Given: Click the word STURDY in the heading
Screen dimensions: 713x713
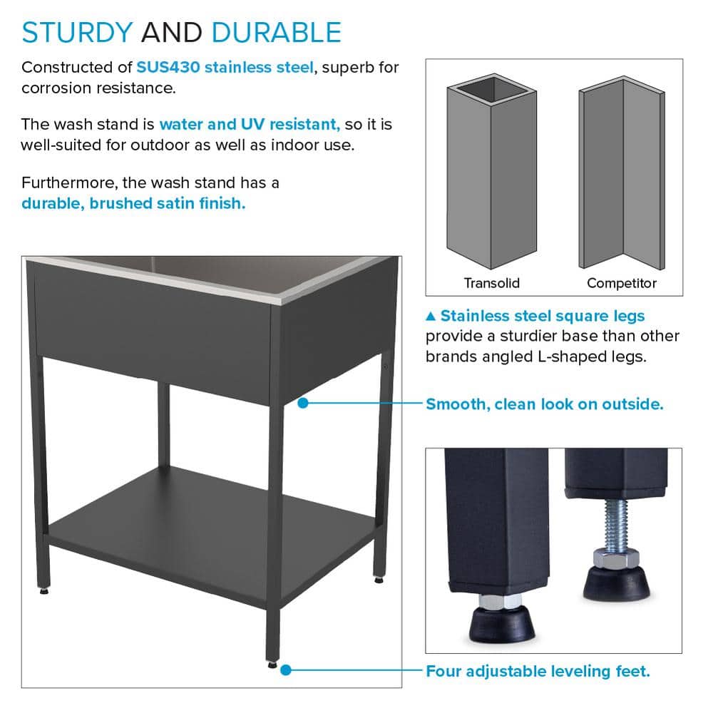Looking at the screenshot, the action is coord(77,32).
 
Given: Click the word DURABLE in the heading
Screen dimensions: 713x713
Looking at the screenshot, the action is coord(277,32).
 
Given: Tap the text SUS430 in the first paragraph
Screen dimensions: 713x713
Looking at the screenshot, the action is coord(168,67).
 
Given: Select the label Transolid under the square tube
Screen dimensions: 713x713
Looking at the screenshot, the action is coord(491,283).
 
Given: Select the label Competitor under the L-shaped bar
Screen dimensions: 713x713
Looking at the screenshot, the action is coord(622,283).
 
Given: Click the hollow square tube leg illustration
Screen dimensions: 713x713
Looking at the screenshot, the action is coord(491,171).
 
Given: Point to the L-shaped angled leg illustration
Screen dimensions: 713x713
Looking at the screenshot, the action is coord(622,173).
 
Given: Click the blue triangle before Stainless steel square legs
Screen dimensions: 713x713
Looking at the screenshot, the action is coord(431,316).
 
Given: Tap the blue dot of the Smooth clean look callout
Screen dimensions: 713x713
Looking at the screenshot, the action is coord(303,403).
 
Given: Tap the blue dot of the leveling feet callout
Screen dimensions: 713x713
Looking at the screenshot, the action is coord(286,670).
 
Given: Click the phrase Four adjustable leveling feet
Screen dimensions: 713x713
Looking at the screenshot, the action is coord(538,671).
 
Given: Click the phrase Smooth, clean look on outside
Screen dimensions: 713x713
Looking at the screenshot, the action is coord(545,404).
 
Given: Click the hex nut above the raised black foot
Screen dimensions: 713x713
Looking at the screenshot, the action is coord(616,558).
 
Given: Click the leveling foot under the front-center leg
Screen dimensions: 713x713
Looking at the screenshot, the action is coord(272,665).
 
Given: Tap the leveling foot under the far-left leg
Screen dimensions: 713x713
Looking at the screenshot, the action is coord(43,591).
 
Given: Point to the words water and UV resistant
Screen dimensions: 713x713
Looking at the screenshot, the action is coord(250,124).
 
